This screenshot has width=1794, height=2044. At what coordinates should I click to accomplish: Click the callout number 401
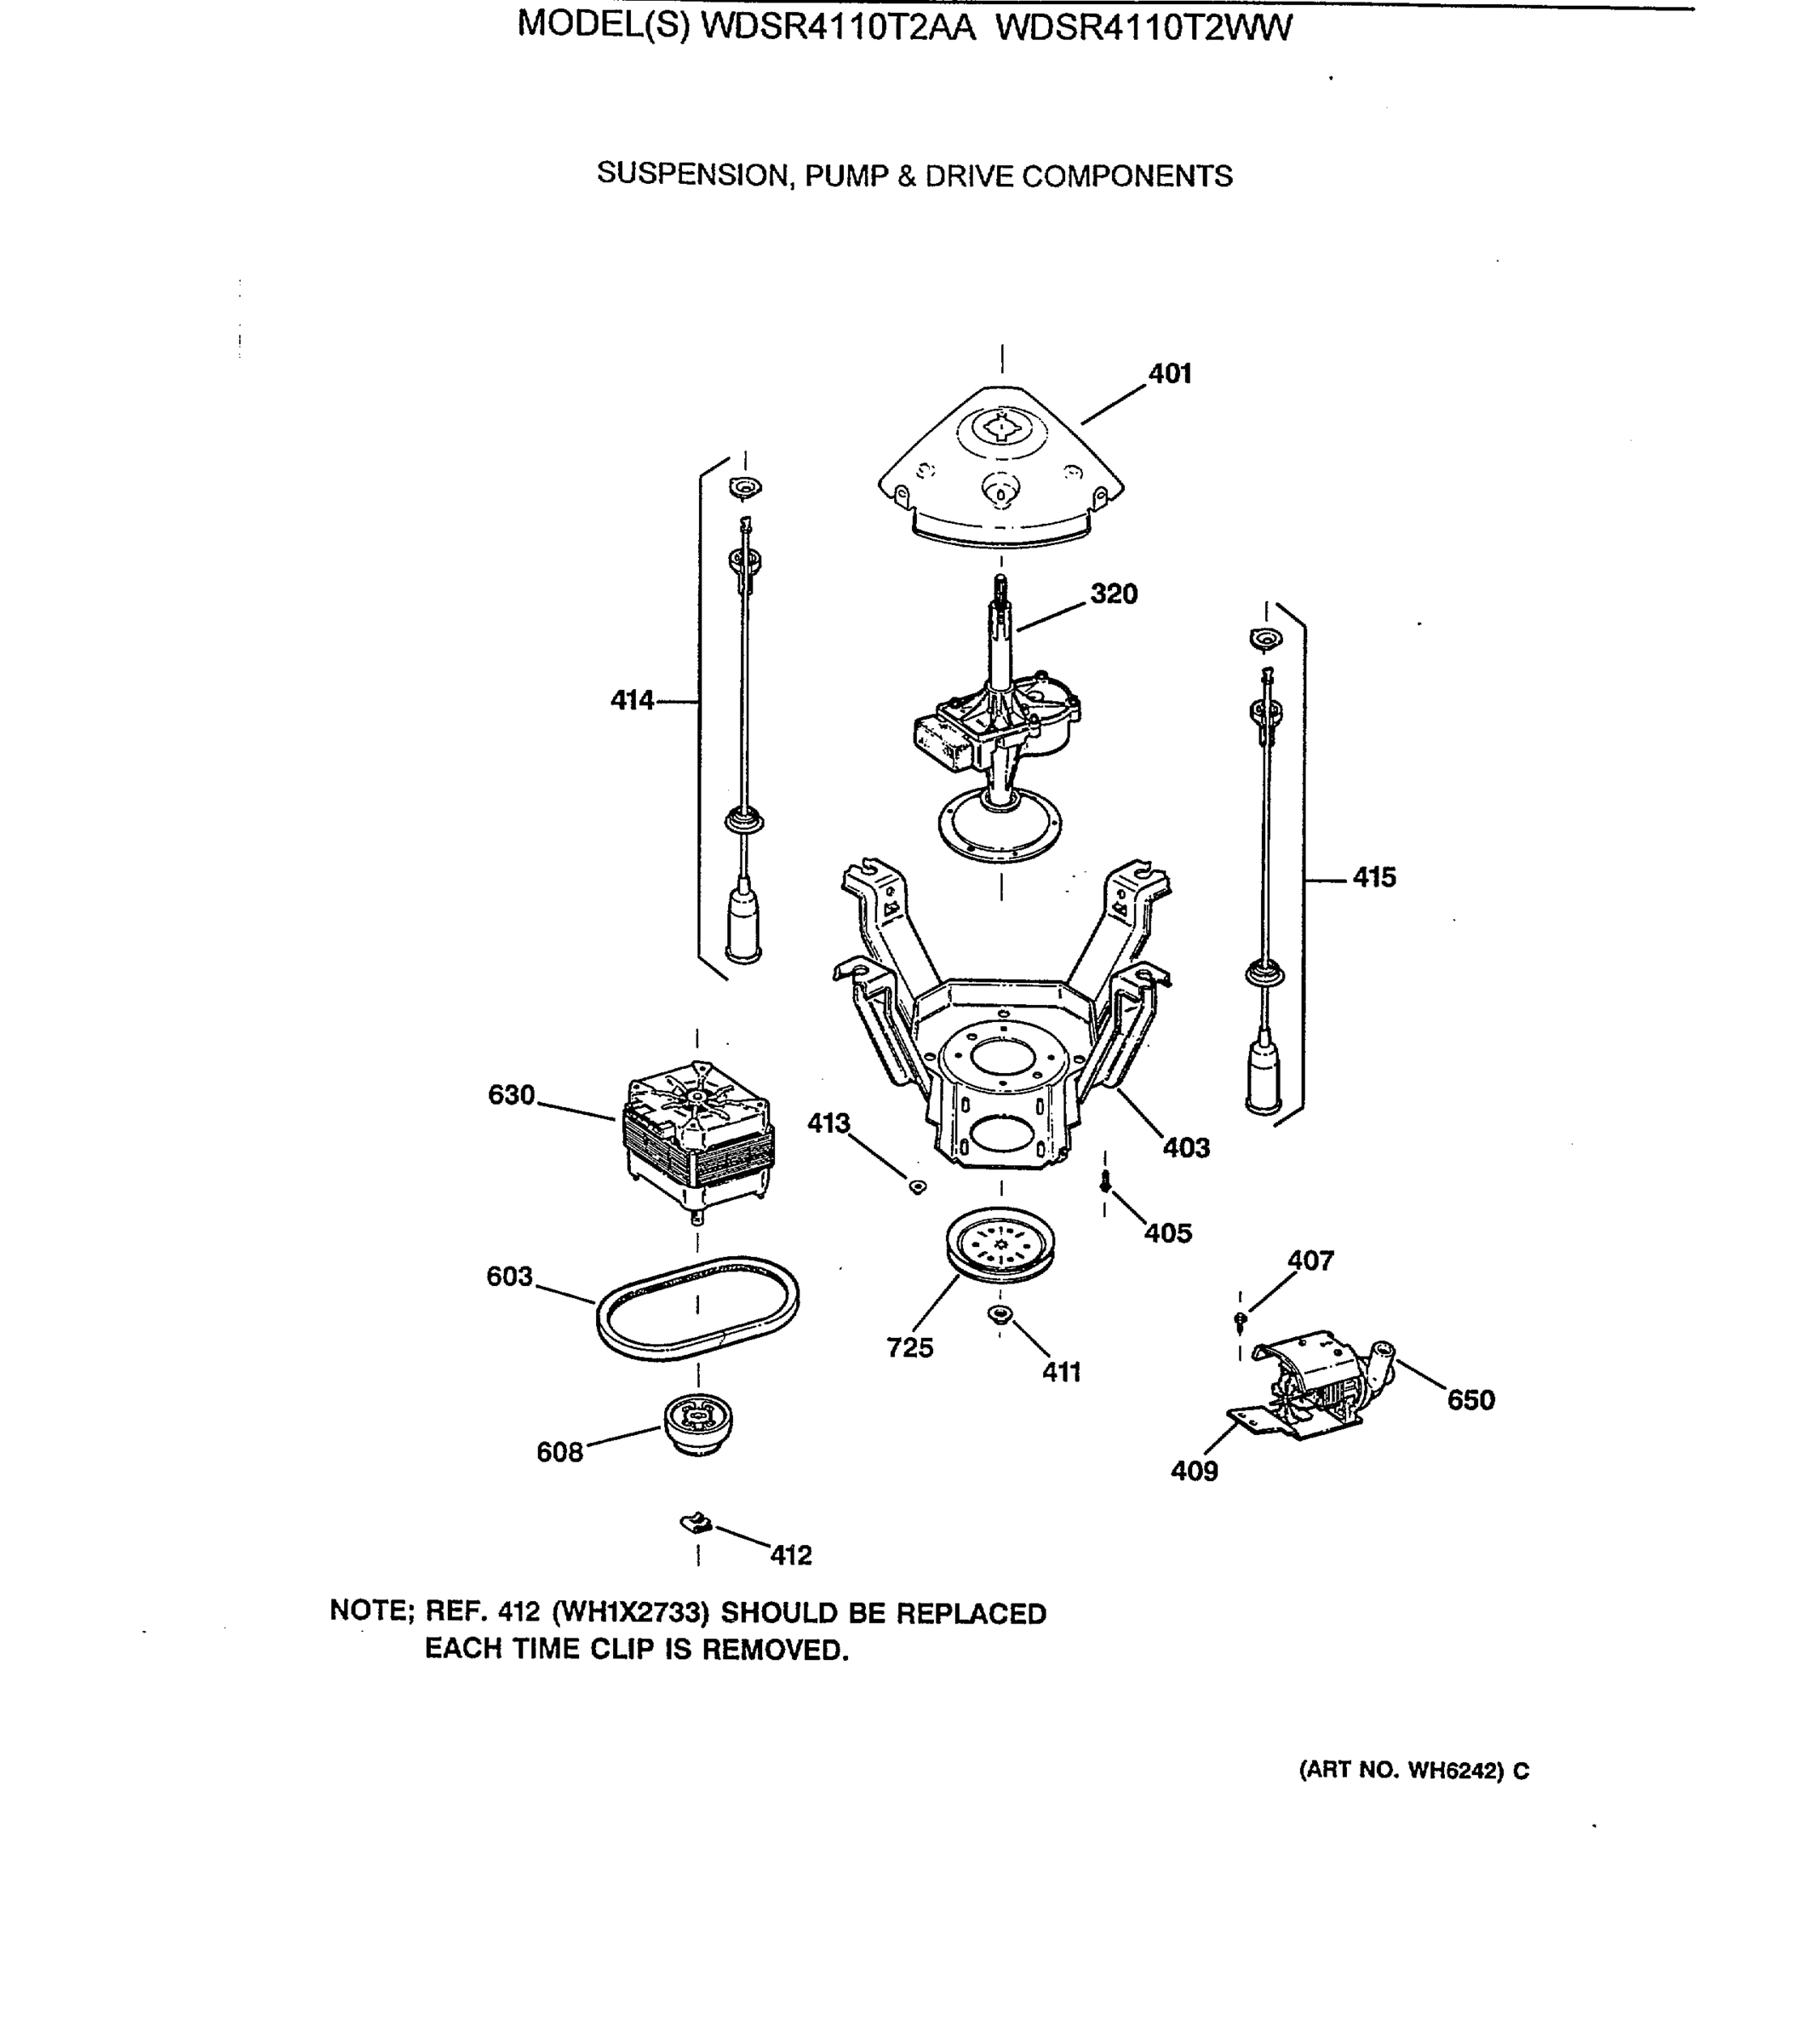coord(1169,374)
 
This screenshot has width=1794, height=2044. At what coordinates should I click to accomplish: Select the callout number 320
coord(1113,594)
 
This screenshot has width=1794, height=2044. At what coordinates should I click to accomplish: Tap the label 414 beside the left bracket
coord(632,700)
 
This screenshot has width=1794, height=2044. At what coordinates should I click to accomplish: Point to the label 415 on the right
coord(1373,877)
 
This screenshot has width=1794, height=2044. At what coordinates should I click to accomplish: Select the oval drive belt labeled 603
coord(697,1307)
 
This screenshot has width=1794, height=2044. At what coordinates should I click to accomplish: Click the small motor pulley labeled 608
coord(697,1423)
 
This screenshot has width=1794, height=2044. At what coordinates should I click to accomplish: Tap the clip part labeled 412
coord(695,1523)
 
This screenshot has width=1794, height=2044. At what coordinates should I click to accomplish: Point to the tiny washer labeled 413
coord(916,1186)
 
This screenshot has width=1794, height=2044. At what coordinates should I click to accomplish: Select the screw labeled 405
coord(1105,1183)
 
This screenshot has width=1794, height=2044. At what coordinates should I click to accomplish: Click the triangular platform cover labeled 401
coord(1000,465)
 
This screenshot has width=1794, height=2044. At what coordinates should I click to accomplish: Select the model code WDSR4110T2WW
coord(1144,27)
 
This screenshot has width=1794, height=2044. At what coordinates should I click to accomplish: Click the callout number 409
coord(1194,1471)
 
